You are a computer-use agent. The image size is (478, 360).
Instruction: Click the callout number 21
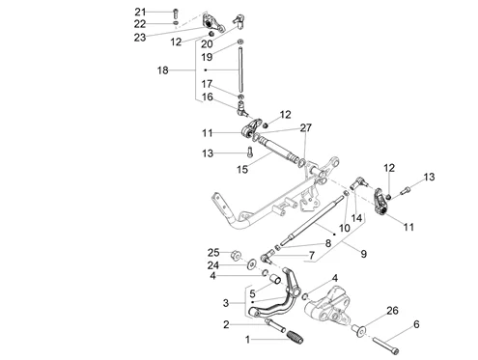pyautogui.click(x=140, y=12)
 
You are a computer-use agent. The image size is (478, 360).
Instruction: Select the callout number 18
pyautogui.click(x=163, y=70)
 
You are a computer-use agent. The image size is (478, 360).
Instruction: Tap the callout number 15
pyautogui.click(x=242, y=169)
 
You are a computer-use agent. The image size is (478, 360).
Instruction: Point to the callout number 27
pyautogui.click(x=306, y=127)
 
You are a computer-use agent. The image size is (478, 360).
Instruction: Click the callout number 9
pyautogui.click(x=364, y=254)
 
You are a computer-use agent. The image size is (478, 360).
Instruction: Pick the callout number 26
pyautogui.click(x=392, y=311)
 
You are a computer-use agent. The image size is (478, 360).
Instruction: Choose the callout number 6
pyautogui.click(x=416, y=324)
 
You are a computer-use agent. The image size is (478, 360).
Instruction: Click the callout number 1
pyautogui.click(x=247, y=340)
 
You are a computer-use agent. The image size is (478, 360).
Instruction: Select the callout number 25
pyautogui.click(x=213, y=253)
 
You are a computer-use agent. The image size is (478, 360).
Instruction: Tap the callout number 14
pyautogui.click(x=356, y=218)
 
